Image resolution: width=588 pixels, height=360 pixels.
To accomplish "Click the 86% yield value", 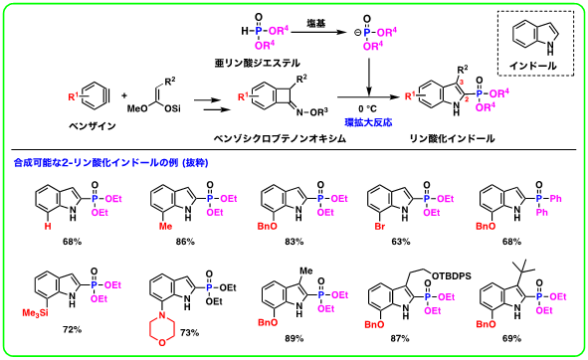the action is point(185,242).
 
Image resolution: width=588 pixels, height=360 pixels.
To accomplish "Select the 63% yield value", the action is point(401,242).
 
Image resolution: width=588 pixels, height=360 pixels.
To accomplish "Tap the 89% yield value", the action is point(294,339).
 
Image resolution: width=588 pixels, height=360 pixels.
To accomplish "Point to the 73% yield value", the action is point(190,332).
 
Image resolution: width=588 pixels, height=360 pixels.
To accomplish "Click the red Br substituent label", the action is point(380,226).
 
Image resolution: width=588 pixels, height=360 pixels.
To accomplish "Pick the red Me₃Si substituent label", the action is point(35,313).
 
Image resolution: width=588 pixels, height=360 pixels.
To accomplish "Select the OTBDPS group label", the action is point(452,276).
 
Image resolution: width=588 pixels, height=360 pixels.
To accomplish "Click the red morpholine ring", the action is point(162,329).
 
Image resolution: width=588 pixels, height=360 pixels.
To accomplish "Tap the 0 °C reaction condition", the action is point(367,109).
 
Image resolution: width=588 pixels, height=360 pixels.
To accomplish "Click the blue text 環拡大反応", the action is point(368,122).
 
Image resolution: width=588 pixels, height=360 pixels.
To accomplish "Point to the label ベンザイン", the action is point(93,126).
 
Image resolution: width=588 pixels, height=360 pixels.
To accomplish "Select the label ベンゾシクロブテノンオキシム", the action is point(280,139).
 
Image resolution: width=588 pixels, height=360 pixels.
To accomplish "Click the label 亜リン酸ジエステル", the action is point(258,63).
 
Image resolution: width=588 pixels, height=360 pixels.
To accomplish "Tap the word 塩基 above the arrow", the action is point(316,24).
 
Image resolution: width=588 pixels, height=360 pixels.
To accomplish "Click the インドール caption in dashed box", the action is point(533,66).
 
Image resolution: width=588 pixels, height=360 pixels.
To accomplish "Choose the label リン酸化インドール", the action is point(452,139).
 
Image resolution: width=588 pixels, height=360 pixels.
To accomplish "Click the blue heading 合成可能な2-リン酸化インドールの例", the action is point(96,163).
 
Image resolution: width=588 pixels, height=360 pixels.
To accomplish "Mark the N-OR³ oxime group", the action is point(312,112).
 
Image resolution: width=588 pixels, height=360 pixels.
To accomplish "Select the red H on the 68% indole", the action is point(48,226).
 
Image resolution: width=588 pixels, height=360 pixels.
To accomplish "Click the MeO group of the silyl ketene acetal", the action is point(137,108).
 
